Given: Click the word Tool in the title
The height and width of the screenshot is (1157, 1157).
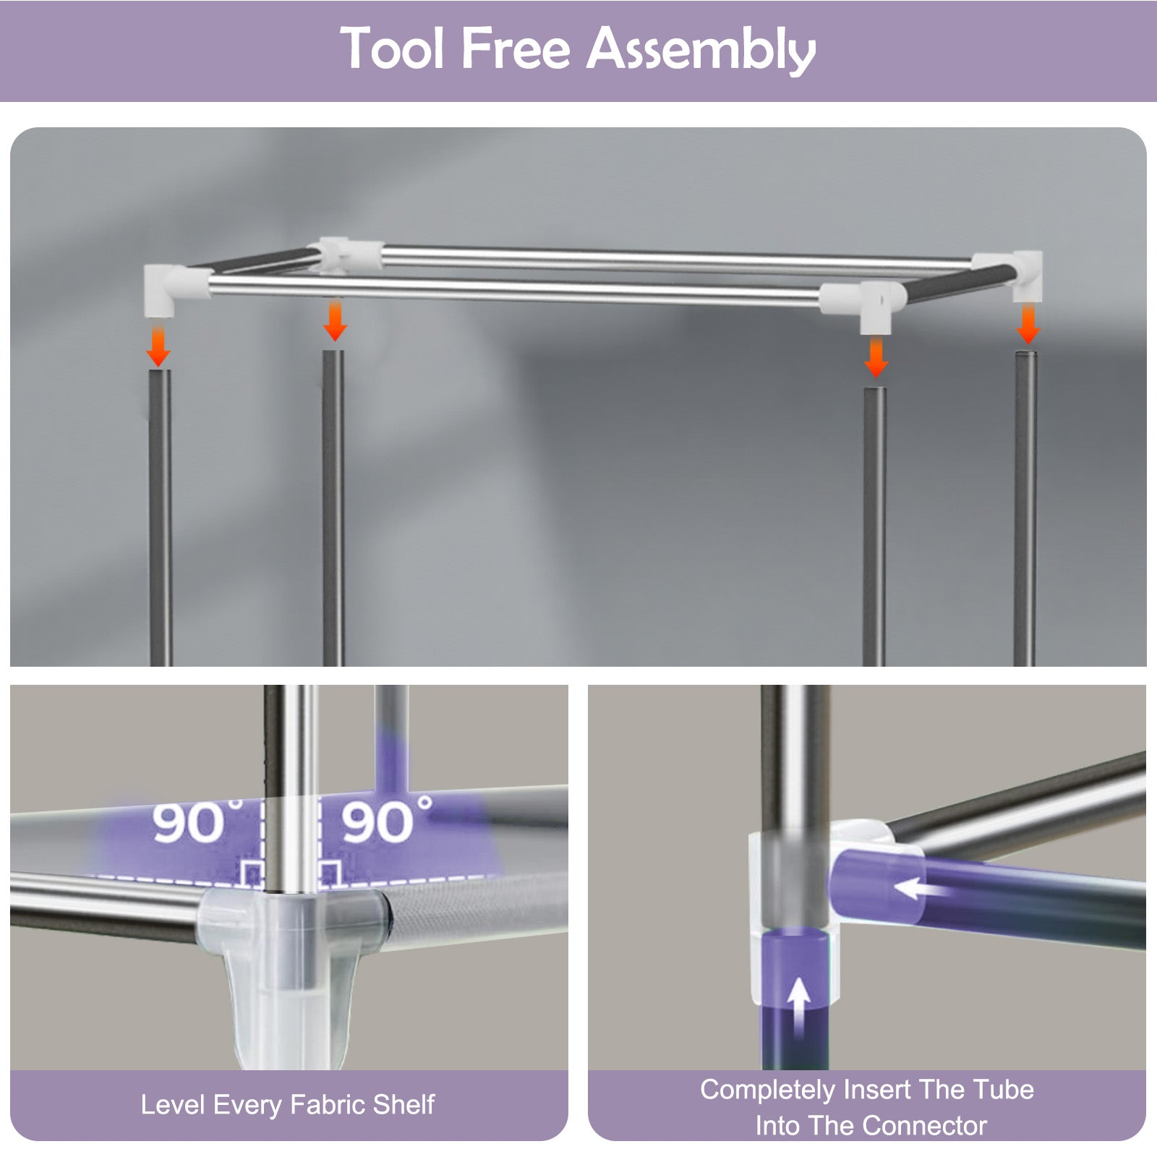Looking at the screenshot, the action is tap(392, 48).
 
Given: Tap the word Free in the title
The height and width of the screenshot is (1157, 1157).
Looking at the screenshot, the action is tap(516, 48).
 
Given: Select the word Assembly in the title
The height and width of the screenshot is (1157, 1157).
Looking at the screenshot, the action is tap(701, 51).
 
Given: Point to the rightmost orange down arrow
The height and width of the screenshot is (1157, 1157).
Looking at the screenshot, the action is tap(1028, 324).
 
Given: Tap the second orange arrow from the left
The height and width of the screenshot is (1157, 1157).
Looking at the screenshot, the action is tap(334, 321).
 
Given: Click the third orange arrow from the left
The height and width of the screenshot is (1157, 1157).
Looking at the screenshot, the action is tap(876, 357).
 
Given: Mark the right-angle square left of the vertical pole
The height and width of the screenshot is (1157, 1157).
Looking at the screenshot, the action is tap(252, 874).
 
